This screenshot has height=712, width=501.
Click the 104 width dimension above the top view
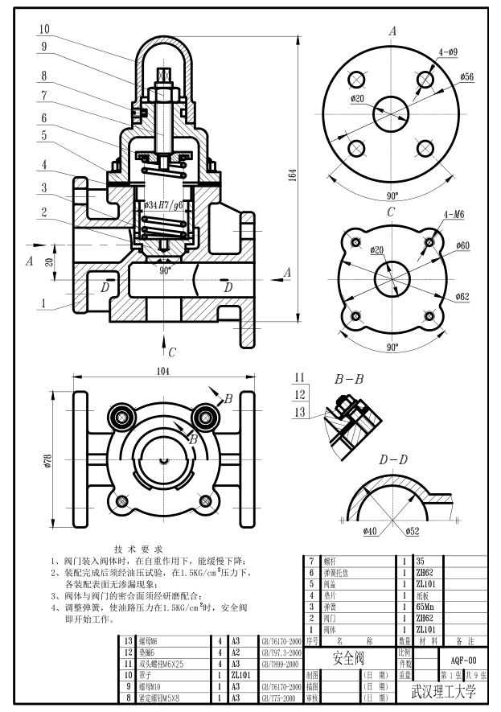point(164,371)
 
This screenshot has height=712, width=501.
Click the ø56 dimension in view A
point(467,77)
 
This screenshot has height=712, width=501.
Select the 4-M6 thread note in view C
point(454,215)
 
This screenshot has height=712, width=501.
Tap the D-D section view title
point(394,459)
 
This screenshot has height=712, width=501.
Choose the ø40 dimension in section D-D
point(370,531)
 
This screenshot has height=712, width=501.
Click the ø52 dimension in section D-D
point(412,531)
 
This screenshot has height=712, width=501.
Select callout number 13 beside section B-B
point(300,413)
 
